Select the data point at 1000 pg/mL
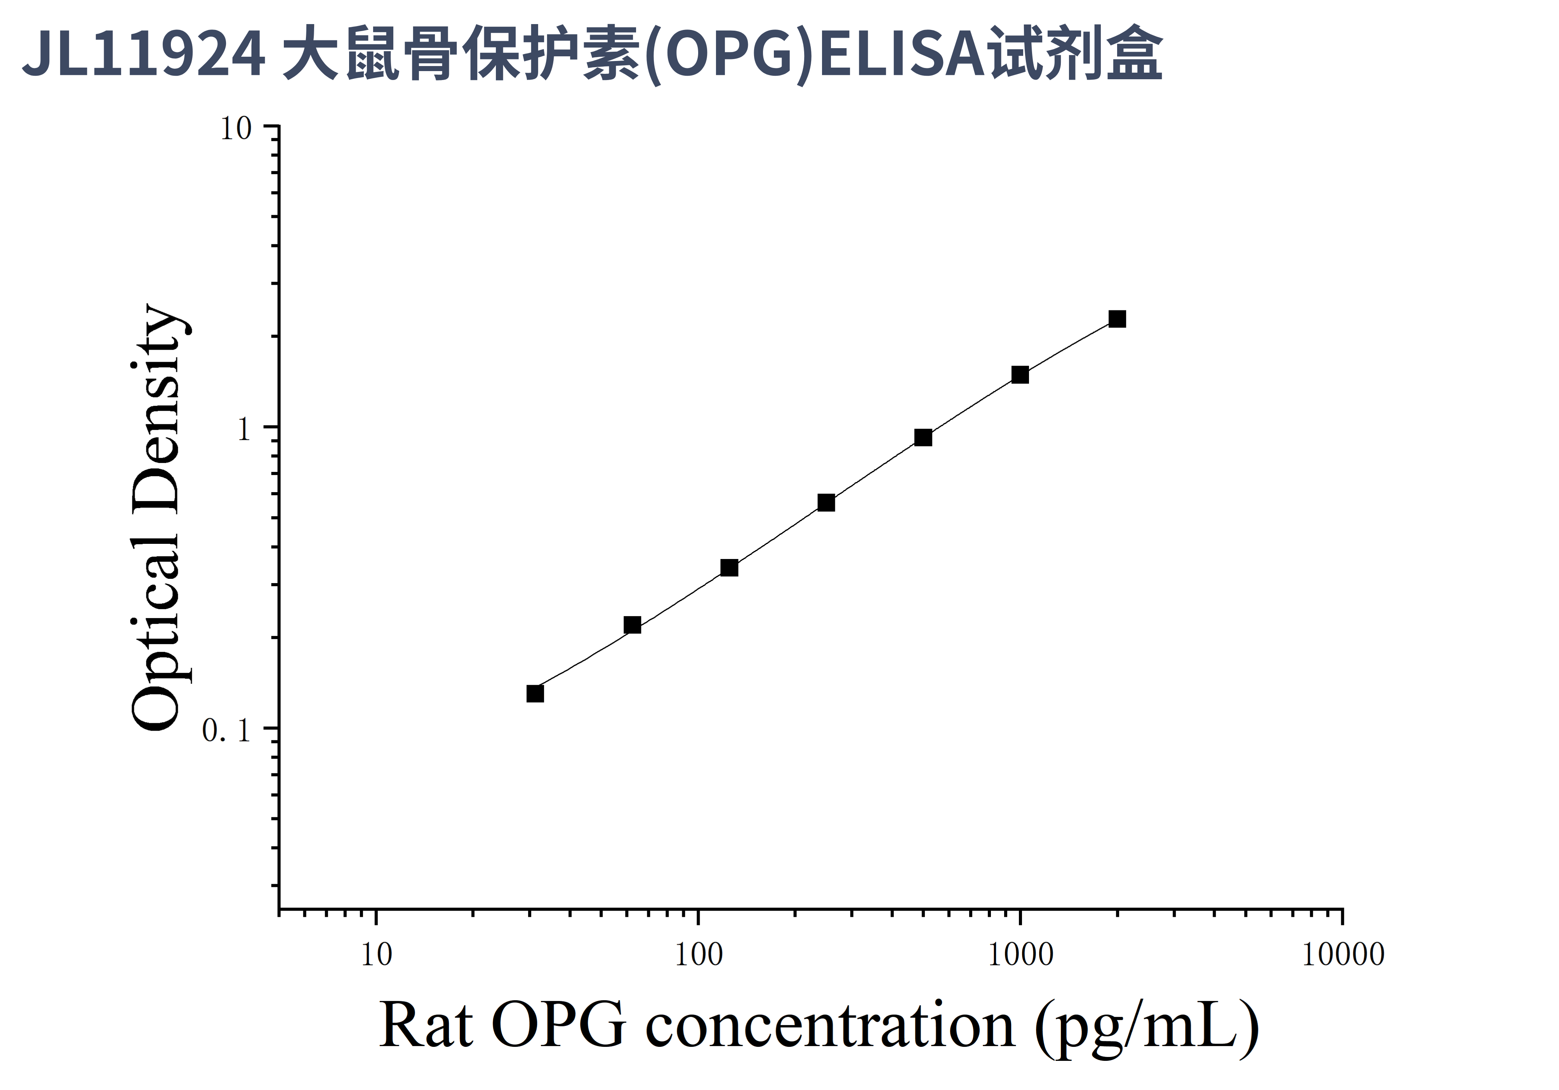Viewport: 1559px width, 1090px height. [x=1020, y=375]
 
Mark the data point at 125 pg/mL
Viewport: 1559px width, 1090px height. [x=729, y=568]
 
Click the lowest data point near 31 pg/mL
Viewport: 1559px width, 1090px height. [x=535, y=693]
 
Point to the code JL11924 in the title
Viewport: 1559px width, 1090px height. [x=144, y=54]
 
